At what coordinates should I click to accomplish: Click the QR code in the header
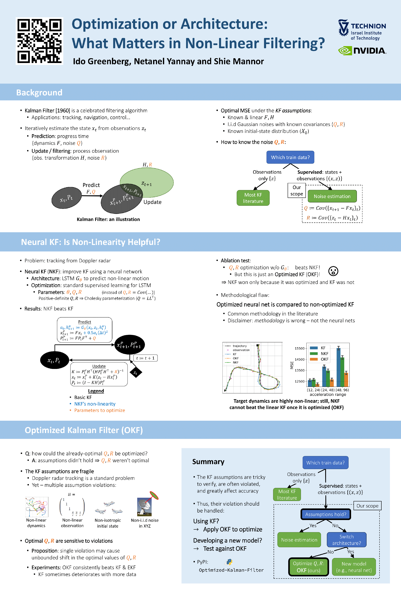click(x=39, y=41)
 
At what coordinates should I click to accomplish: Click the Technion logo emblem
click(x=343, y=28)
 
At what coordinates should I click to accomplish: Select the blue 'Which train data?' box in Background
click(x=290, y=157)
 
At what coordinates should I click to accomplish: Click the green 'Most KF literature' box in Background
click(x=253, y=198)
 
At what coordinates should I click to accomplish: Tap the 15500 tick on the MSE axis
click(x=299, y=348)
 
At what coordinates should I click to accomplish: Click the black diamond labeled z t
click(x=136, y=373)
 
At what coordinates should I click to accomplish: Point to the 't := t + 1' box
click(x=145, y=358)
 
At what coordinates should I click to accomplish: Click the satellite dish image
click(x=145, y=506)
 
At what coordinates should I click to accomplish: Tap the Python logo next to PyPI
click(x=229, y=562)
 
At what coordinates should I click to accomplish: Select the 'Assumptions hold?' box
click(x=326, y=514)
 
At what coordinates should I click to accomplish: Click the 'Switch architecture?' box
click(x=346, y=540)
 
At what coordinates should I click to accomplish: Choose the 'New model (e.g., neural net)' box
click(x=354, y=567)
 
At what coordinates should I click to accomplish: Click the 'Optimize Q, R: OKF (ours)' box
click(x=308, y=567)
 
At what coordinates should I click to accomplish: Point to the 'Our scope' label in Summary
click(x=367, y=506)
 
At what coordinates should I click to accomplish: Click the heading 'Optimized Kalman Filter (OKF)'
click(x=84, y=430)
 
